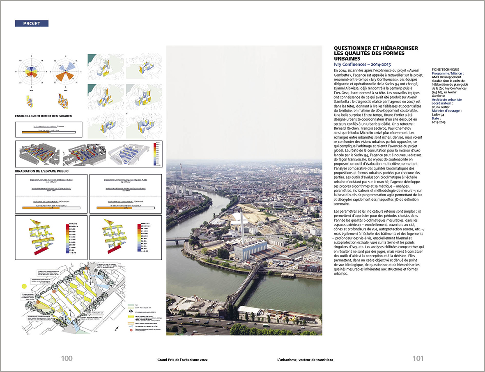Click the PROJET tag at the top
tap(32, 23)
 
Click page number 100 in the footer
tap(67, 359)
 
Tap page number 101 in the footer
tap(418, 359)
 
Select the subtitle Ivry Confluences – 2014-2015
tap(362, 65)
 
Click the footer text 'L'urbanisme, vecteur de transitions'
tap(305, 360)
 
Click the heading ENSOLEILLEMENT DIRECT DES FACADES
tap(44, 116)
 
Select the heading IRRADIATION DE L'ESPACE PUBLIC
tap(42, 170)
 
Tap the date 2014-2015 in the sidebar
tap(439, 122)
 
